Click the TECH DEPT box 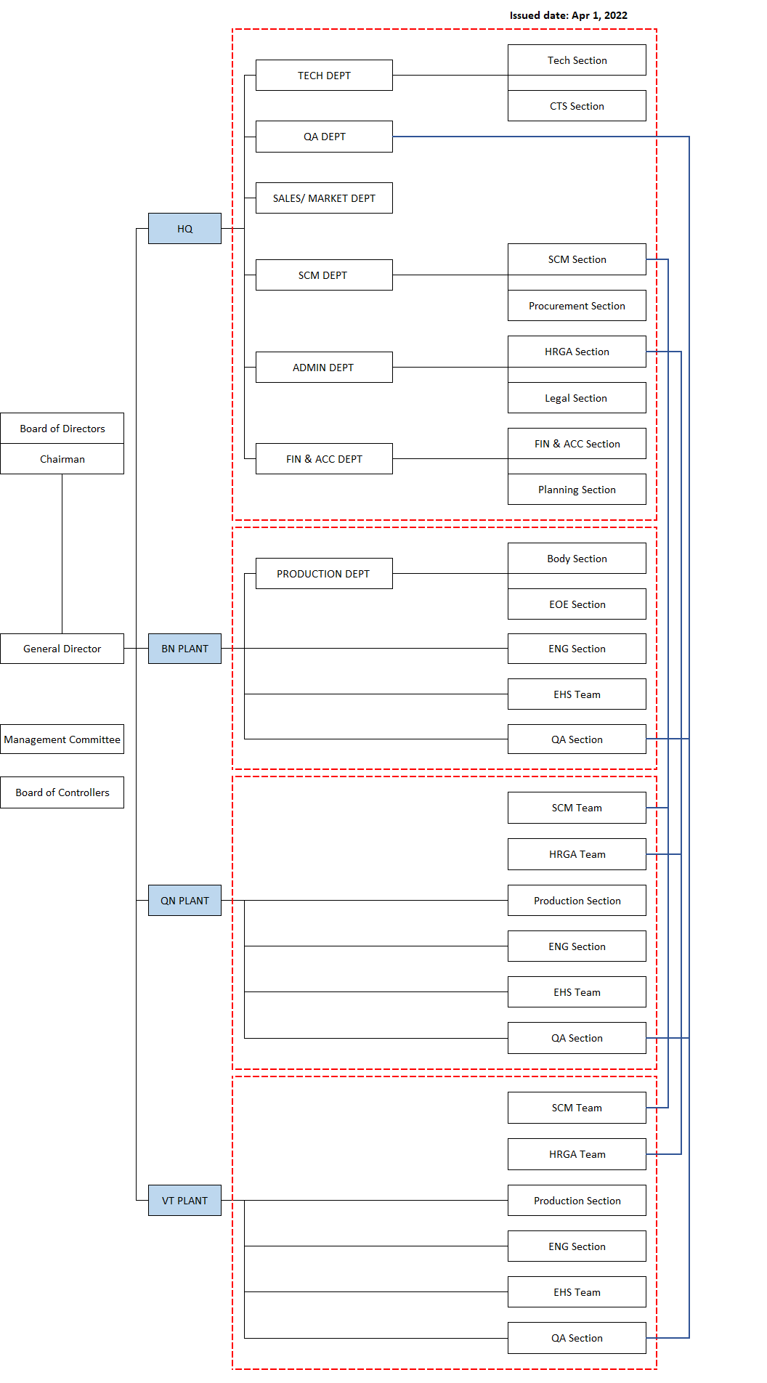(324, 76)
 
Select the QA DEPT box (324, 137)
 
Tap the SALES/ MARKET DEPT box (324, 198)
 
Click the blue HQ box (184, 229)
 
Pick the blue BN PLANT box (184, 649)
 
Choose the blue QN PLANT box (184, 901)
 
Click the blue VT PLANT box (184, 1201)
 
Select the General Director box (62, 649)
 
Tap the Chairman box (62, 459)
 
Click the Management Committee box (62, 739)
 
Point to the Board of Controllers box (62, 792)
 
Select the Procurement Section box (577, 306)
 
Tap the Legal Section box (577, 398)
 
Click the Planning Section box (577, 490)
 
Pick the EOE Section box (577, 604)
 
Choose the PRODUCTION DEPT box (324, 574)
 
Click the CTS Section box (577, 106)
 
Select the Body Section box (577, 559)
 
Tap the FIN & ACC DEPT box (324, 459)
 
